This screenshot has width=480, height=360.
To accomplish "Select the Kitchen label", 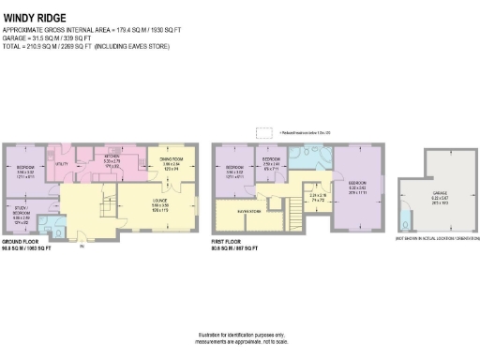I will [x=112, y=161].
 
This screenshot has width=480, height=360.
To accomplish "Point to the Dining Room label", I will [x=170, y=163].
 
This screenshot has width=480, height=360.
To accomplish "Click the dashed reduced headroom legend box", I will [x=264, y=132].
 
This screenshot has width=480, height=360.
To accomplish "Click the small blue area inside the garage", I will [x=404, y=221].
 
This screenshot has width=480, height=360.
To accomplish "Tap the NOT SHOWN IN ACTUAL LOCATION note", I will [x=432, y=241].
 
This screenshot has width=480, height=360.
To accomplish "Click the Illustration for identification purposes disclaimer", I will [x=240, y=339].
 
